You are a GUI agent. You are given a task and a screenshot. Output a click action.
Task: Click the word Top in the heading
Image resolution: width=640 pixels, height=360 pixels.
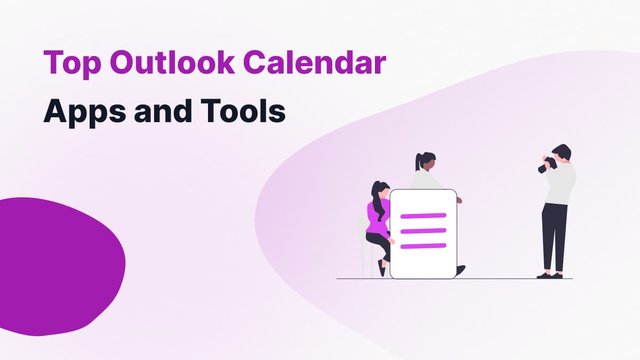[73, 63]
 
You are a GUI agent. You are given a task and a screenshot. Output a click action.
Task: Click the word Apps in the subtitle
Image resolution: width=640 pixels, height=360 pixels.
[85, 112]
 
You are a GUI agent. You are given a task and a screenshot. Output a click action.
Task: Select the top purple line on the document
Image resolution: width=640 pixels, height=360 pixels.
[423, 216]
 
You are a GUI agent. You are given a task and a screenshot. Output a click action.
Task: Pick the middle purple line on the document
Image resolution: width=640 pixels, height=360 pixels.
[423, 231]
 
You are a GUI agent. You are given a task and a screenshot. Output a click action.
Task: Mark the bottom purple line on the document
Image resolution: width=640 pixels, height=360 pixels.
[423, 246]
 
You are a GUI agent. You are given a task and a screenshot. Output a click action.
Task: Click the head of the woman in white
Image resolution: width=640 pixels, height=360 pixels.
[426, 162]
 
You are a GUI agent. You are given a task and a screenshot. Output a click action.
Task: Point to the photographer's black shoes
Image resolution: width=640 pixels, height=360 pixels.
[550, 276]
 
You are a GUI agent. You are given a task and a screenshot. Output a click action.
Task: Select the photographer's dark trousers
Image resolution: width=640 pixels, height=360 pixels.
[554, 238]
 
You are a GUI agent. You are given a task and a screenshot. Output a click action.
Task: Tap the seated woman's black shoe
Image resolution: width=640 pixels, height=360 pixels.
[381, 268]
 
